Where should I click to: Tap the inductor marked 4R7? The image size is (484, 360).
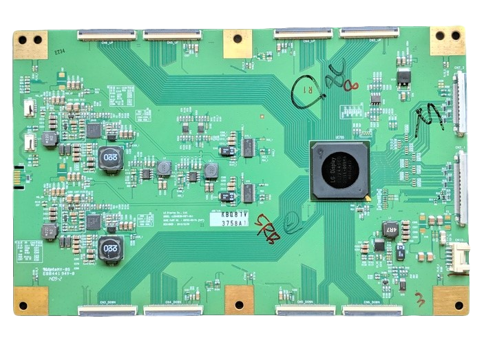pos(390,229)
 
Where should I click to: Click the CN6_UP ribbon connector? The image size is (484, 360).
pos(369,34)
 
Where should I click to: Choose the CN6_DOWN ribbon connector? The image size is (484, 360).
pos(372,311)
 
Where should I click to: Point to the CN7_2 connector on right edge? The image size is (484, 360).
pos(459,103)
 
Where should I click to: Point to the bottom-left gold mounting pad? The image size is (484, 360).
pos(30,300)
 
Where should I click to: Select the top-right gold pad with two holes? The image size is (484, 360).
pos(448,39)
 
